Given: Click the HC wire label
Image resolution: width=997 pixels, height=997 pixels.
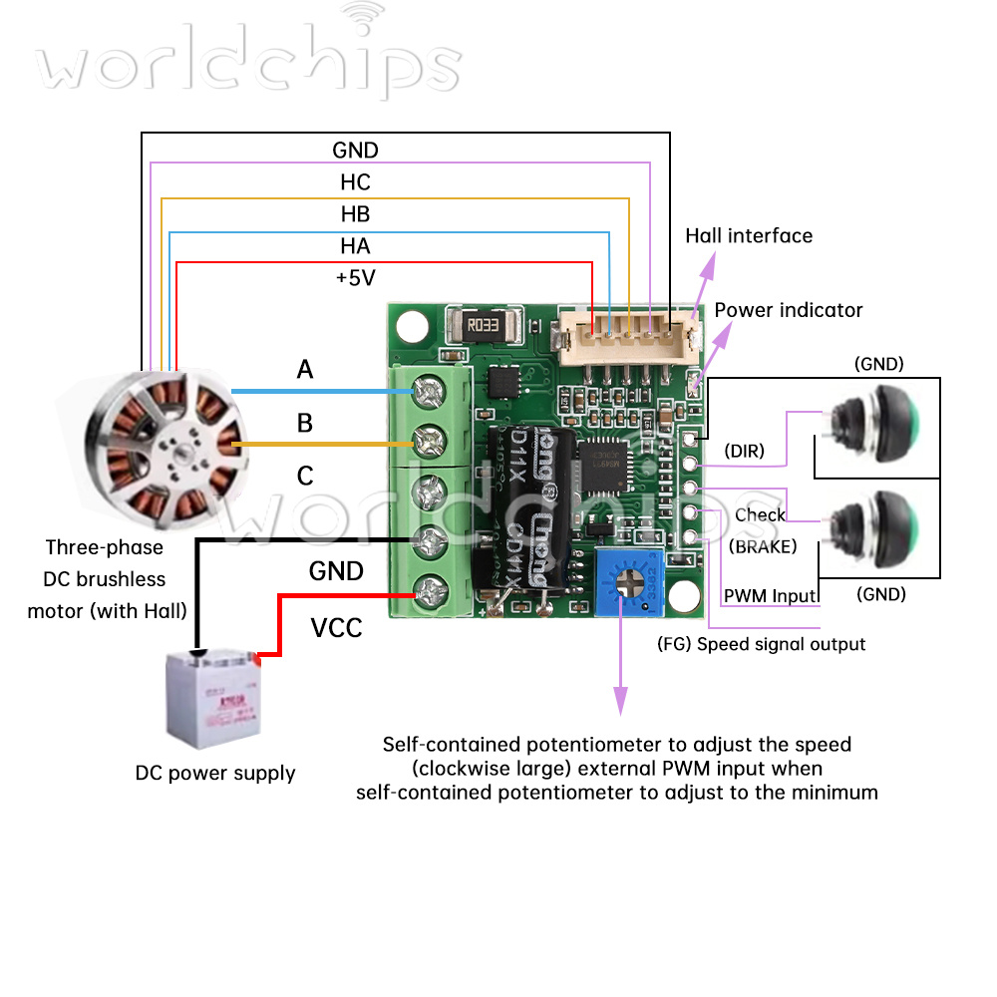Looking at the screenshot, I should click(355, 182).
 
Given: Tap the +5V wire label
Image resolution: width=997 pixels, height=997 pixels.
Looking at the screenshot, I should click(356, 278).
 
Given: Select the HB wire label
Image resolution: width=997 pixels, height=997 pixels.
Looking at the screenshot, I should click(355, 214).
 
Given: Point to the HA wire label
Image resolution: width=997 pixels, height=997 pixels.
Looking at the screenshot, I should click(355, 246).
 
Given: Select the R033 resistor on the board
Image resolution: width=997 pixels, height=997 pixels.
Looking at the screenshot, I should click(483, 323).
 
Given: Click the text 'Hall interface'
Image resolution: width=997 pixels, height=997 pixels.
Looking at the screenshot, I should click(749, 236).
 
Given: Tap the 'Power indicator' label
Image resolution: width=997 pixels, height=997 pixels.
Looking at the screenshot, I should click(789, 310).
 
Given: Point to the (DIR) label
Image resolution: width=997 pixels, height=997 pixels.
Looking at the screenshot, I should click(744, 451).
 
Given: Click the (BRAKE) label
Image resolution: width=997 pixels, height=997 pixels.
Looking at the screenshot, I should click(763, 546).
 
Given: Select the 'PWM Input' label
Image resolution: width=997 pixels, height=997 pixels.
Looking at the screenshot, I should click(770, 596).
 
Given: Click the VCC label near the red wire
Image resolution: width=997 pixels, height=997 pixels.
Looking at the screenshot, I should click(336, 629).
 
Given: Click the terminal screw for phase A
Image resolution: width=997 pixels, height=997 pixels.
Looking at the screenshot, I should click(431, 393).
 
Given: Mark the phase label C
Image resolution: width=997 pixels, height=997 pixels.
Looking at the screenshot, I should click(305, 477).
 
